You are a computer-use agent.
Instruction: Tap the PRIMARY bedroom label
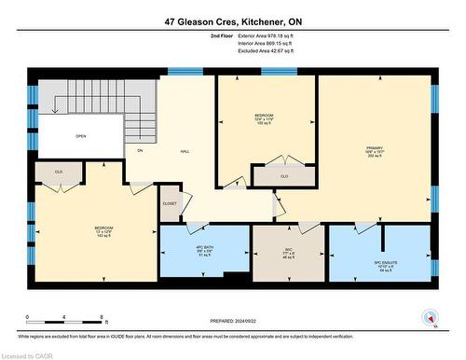375,150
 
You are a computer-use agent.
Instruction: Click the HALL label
171,150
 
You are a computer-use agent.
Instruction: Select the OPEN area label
81,136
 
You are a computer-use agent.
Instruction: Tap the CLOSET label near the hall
170,202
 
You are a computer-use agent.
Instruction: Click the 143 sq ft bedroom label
103,231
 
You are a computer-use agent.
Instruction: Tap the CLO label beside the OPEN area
58,172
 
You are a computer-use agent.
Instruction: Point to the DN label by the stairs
140,150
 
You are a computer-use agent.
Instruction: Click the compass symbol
429,317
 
